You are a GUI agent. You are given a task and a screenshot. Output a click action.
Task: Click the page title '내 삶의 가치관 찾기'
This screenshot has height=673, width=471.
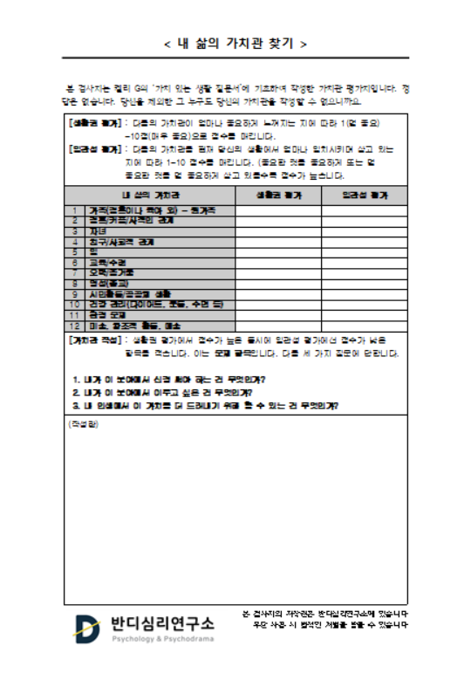[x=235, y=42]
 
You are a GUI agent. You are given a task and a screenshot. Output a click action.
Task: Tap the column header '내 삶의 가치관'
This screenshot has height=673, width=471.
[x=150, y=194]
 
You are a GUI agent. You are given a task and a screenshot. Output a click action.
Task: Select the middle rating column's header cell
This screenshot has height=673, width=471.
[x=278, y=194]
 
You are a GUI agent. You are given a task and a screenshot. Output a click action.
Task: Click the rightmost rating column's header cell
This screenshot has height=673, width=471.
[x=364, y=194]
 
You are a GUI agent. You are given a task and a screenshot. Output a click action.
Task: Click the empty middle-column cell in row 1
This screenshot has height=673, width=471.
[x=278, y=210]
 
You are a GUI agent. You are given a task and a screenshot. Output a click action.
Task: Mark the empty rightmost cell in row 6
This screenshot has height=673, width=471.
[x=364, y=263]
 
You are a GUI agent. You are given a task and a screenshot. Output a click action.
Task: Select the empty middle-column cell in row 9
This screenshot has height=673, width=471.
[x=278, y=294]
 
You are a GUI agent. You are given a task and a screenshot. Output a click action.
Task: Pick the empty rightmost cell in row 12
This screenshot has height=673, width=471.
[x=364, y=325]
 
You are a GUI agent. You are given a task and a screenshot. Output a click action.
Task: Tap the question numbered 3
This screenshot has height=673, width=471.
[x=206, y=406]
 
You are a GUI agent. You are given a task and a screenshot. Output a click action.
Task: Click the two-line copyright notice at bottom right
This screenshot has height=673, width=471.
[x=324, y=619]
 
